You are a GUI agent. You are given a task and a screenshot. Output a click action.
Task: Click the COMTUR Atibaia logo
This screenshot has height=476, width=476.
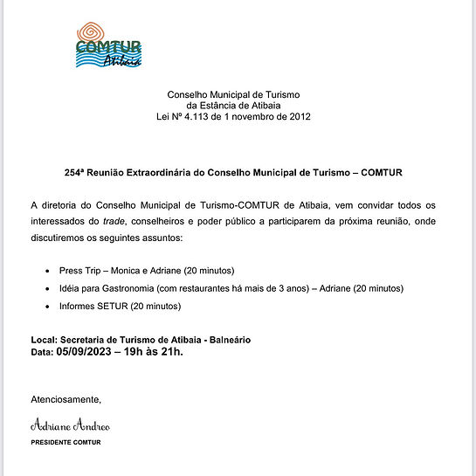(108, 46)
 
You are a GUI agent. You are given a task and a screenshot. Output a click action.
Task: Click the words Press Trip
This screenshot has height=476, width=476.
(80, 270)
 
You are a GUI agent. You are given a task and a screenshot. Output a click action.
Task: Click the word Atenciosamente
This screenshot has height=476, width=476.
(66, 399)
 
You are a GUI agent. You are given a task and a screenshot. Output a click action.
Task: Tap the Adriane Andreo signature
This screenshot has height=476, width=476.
(71, 426)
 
